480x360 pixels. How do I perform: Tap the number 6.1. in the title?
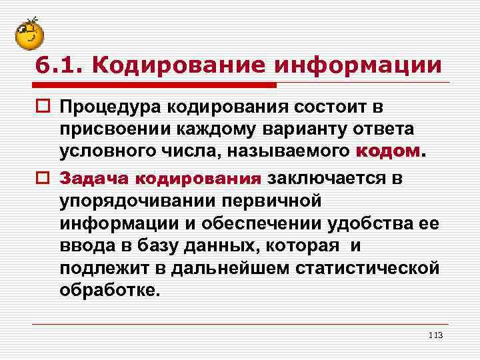pyautogui.click(x=59, y=65)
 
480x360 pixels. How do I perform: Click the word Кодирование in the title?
pyautogui.click(x=175, y=65)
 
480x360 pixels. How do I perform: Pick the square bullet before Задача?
pyautogui.click(x=43, y=179)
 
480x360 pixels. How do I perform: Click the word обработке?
pyautogui.click(x=109, y=291)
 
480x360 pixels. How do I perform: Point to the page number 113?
pyautogui.click(x=436, y=334)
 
